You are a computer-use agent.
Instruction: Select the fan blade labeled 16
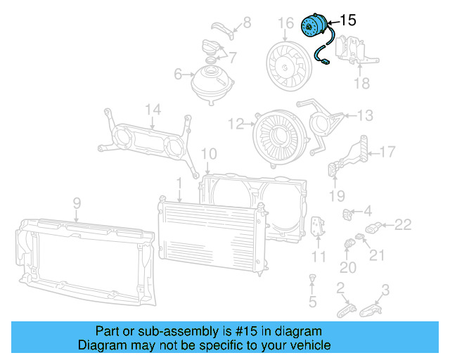pos(289,60)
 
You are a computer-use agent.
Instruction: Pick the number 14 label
pos(153,109)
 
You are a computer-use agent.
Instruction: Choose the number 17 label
pos(388,151)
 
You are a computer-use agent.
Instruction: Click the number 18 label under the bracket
pos(361,84)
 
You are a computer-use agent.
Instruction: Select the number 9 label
pos(77,203)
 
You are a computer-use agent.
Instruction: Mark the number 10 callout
pos(209,154)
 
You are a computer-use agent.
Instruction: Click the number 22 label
pos(402,225)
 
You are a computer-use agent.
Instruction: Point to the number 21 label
pos(378,255)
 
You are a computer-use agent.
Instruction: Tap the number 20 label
pos(348,268)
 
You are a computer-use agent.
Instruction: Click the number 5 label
pos(313,302)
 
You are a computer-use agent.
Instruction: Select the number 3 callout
pos(385,288)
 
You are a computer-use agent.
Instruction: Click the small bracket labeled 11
pos(317,227)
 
